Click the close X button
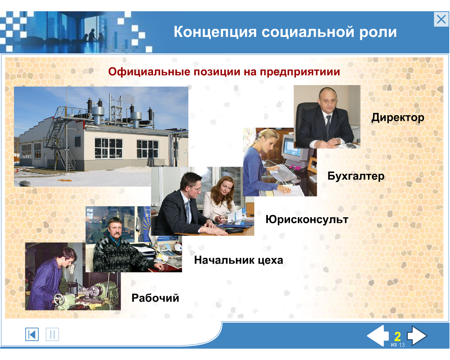(441, 19)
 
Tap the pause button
(52, 334)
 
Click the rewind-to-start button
(32, 334)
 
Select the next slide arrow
(417, 335)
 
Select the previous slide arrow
(378, 335)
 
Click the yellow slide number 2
(398, 336)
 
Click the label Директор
(398, 118)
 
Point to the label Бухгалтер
(356, 176)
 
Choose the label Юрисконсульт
(307, 220)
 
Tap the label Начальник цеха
(239, 260)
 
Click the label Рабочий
(155, 298)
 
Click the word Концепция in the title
(215, 32)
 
